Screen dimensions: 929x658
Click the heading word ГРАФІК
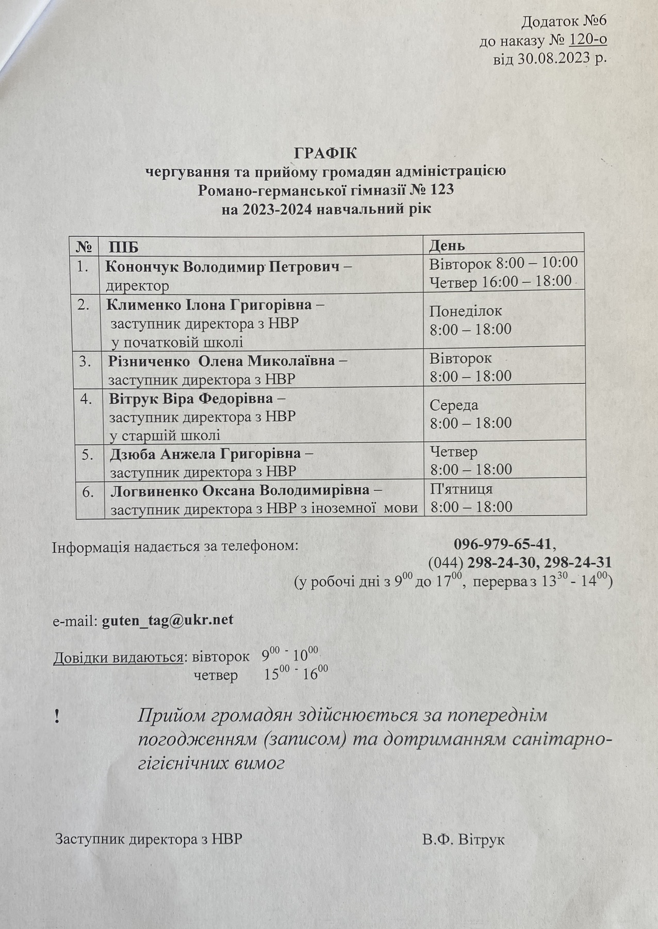tap(325, 154)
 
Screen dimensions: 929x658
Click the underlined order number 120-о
tap(586, 40)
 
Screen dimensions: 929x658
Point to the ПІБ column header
tap(124, 247)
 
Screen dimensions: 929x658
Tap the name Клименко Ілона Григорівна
tap(209, 305)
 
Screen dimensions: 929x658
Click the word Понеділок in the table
tap(465, 311)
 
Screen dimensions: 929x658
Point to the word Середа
tap(454, 405)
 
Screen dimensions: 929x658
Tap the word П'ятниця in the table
tap(462, 488)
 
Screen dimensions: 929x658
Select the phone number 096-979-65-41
tap(503, 544)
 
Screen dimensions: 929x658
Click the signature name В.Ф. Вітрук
tap(463, 840)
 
